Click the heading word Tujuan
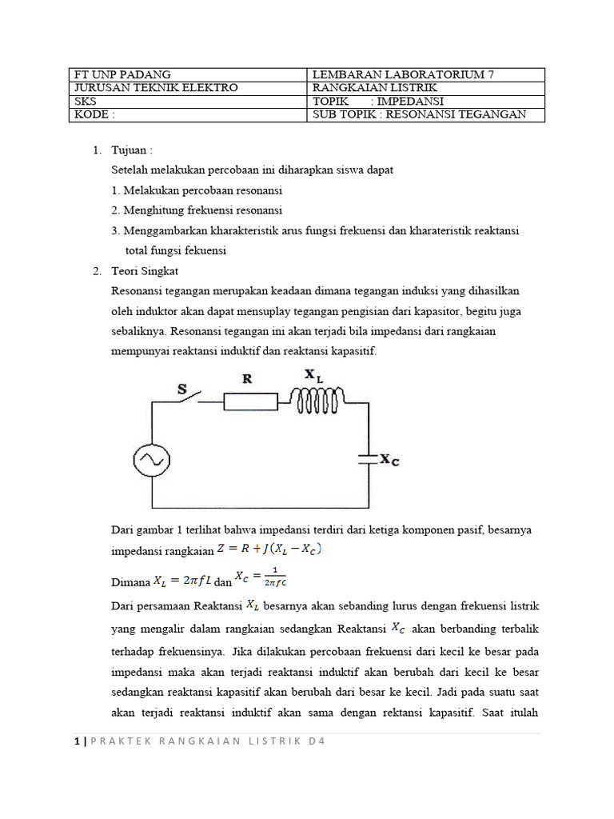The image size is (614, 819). click(x=130, y=150)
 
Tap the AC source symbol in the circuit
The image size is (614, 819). click(x=150, y=459)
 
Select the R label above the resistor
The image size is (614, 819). click(x=247, y=379)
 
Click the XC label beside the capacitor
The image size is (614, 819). click(x=389, y=460)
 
